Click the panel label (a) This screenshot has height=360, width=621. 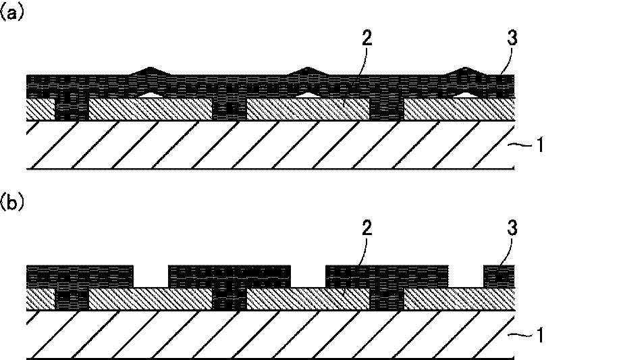pyautogui.click(x=11, y=13)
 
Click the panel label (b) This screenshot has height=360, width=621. pyautogui.click(x=11, y=203)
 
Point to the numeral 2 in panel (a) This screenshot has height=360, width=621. pyautogui.click(x=367, y=38)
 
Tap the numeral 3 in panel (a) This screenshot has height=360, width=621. pyautogui.click(x=512, y=38)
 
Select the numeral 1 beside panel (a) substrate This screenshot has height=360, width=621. pyautogui.click(x=539, y=145)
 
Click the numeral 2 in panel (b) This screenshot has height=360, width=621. pyautogui.click(x=367, y=228)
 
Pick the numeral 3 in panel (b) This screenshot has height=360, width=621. pyautogui.click(x=512, y=228)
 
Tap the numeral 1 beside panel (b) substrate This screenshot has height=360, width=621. pyautogui.click(x=539, y=335)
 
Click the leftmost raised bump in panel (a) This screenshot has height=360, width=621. pyautogui.click(x=149, y=71)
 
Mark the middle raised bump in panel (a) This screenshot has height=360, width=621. pyautogui.click(x=307, y=71)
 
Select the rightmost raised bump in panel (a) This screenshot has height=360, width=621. pyautogui.click(x=466, y=71)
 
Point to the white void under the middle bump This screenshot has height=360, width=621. pyautogui.click(x=308, y=95)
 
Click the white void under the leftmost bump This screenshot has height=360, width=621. pyautogui.click(x=150, y=95)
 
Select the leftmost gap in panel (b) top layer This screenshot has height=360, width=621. pyautogui.click(x=151, y=276)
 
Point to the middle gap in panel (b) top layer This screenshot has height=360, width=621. pyautogui.click(x=308, y=276)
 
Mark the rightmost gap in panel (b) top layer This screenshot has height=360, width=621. pyautogui.click(x=466, y=276)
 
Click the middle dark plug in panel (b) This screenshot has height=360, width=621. pyautogui.click(x=230, y=299)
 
